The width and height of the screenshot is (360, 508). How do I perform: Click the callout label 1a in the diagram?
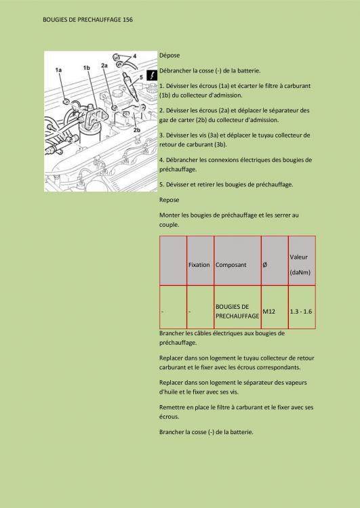pyautogui.click(x=58, y=70)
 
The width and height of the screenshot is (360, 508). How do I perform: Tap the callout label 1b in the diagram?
pyautogui.click(x=86, y=68)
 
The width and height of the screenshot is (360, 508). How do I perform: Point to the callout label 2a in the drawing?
pyautogui.click(x=104, y=65)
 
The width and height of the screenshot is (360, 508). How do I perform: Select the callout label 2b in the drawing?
pyautogui.click(x=136, y=129)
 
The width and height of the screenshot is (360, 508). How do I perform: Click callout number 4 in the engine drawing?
pyautogui.click(x=134, y=55)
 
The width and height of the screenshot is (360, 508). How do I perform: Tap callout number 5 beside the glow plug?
pyautogui.click(x=141, y=77)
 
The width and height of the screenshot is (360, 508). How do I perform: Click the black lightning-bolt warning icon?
pyautogui.click(x=153, y=76)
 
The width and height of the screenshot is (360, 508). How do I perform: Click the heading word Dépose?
pyautogui.click(x=169, y=54)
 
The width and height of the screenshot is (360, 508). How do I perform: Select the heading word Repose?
pyautogui.click(x=169, y=200)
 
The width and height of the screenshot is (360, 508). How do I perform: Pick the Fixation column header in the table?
pyautogui.click(x=199, y=265)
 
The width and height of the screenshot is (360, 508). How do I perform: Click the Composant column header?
pyautogui.click(x=231, y=265)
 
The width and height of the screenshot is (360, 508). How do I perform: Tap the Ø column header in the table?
pyautogui.click(x=264, y=265)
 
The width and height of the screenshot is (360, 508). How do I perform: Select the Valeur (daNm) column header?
pyautogui.click(x=299, y=265)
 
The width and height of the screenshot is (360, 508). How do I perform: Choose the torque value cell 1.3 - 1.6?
pyautogui.click(x=301, y=311)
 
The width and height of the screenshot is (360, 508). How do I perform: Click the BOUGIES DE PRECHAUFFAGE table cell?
pyautogui.click(x=237, y=311)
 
